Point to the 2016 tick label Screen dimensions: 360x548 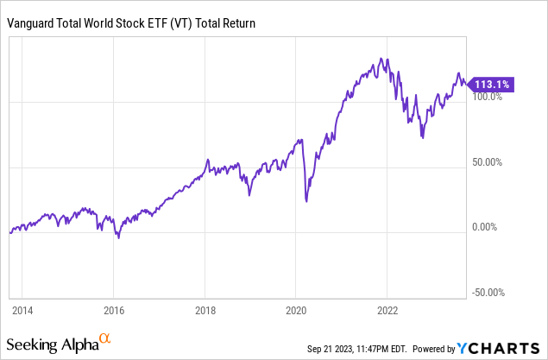(113, 309)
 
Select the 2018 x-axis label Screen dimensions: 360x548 (205, 309)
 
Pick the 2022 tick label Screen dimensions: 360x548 (387, 309)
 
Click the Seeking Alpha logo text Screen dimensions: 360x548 (58, 344)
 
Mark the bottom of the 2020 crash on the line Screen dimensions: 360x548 (306, 201)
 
